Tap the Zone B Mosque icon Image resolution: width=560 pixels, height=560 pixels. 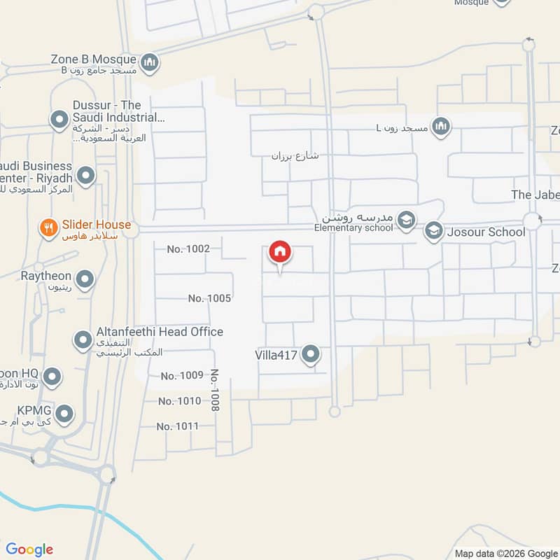(149, 64)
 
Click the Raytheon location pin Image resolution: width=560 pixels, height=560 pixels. (85, 280)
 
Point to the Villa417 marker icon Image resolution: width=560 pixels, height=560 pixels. (310, 356)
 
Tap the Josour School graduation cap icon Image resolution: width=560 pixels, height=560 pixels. (434, 231)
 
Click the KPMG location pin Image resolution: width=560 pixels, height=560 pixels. (64, 414)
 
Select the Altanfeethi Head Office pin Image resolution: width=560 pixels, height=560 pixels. (83, 341)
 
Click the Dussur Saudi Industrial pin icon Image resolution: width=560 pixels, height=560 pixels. (59, 120)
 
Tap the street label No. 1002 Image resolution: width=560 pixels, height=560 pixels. (188, 248)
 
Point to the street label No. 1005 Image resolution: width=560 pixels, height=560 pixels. (209, 298)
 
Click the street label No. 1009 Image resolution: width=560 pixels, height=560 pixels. (181, 376)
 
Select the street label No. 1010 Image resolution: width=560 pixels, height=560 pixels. (179, 401)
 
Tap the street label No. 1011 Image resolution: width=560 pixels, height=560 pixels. (178, 426)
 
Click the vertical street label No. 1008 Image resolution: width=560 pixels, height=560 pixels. (215, 390)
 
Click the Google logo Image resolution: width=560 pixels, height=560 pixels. (29, 549)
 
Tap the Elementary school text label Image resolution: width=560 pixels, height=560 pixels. (353, 227)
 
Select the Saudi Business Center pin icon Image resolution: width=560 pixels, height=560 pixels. (85, 176)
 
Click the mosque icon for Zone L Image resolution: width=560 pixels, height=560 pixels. (441, 127)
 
